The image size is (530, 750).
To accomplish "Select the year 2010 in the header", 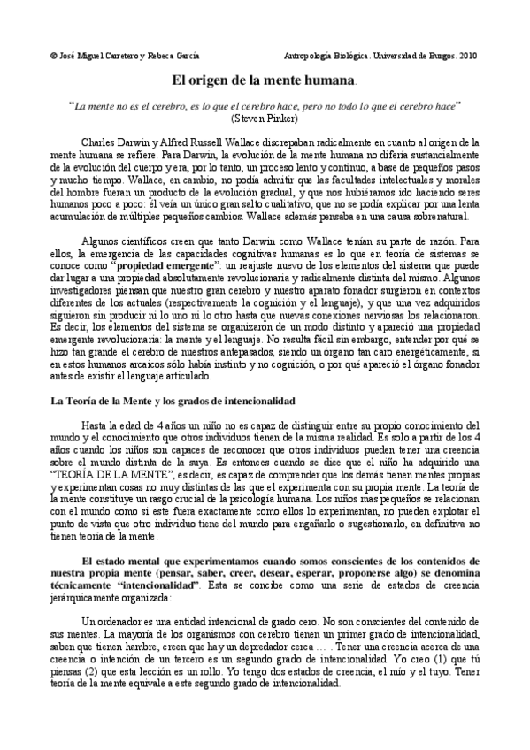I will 466,54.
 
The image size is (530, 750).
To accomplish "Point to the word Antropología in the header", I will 318,54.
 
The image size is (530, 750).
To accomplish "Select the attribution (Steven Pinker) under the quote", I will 265,117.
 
